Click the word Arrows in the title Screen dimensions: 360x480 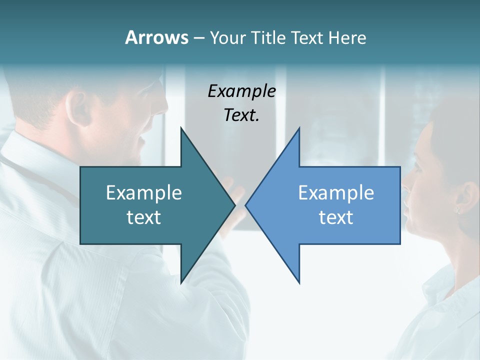click(x=156, y=37)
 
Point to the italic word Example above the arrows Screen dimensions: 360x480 click(x=241, y=91)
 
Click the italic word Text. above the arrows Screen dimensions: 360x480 click(x=241, y=115)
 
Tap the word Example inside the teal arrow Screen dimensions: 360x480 click(x=144, y=192)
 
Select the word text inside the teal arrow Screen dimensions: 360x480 click(x=144, y=217)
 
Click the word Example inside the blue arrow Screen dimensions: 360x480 click(x=336, y=192)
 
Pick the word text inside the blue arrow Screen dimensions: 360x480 click(x=336, y=217)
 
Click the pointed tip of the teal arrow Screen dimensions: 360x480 click(x=234, y=205)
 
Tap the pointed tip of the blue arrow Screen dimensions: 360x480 click(x=246, y=205)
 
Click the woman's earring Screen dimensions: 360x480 click(x=457, y=210)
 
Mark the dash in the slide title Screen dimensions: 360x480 click(x=198, y=38)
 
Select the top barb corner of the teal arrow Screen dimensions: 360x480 click(x=181, y=128)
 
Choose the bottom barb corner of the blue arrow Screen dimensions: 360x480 click(x=299, y=283)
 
